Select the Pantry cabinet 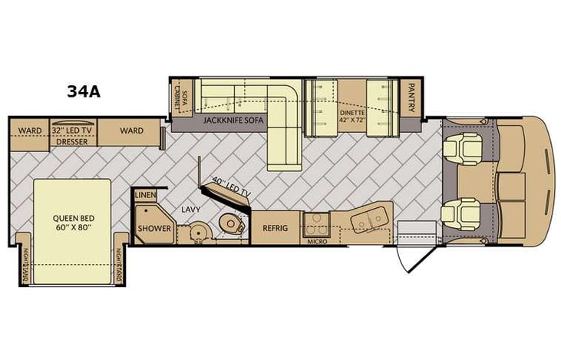[412, 97]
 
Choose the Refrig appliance [275, 227]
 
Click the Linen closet [145, 196]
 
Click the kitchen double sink [368, 220]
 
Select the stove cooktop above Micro [315, 222]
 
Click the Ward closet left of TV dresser [30, 130]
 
